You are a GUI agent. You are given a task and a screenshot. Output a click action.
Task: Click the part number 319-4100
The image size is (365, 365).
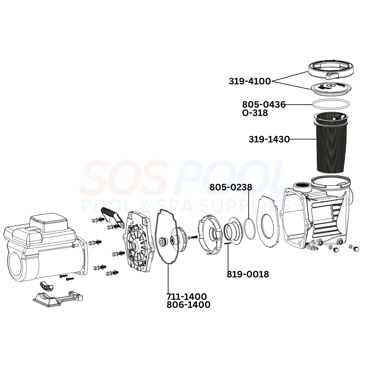click(x=250, y=81)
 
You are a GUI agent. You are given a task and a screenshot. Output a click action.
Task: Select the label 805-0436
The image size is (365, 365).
click(x=264, y=105)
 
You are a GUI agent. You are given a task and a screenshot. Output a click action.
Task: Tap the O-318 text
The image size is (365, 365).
click(x=255, y=113)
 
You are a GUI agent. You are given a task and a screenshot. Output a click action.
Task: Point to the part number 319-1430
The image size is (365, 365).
click(x=269, y=139)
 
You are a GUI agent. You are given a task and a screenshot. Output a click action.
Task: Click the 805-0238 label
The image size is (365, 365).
click(x=231, y=187)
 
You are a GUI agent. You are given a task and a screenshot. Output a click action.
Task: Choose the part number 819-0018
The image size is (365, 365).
click(x=248, y=275)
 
